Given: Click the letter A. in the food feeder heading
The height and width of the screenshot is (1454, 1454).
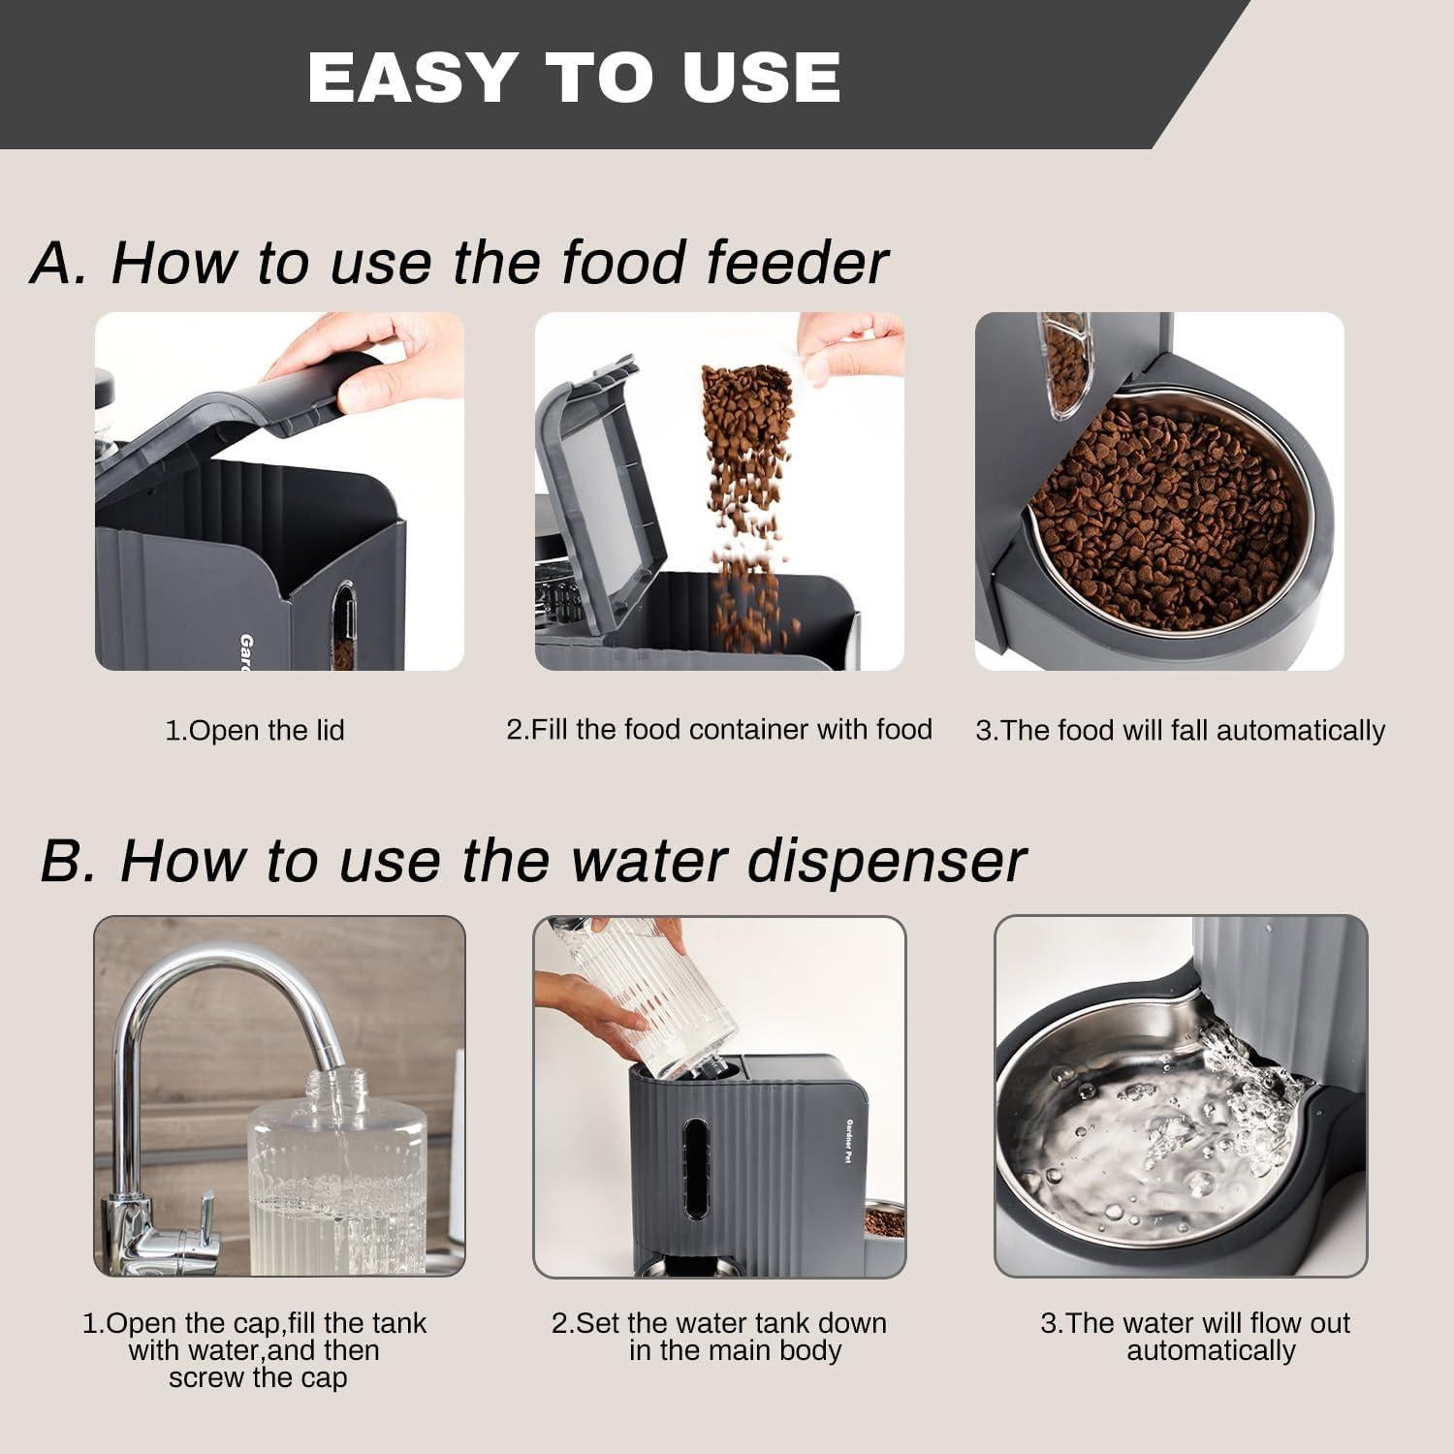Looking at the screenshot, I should (58, 262).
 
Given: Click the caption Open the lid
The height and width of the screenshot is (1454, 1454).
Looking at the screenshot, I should (255, 730).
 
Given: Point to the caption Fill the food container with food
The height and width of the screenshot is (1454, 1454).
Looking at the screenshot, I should (718, 729).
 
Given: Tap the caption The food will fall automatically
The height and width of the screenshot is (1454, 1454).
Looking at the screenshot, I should (1180, 730).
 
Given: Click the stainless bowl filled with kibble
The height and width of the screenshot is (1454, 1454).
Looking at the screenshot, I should (1163, 514).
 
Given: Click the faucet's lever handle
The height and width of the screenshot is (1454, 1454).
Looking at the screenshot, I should (205, 1217).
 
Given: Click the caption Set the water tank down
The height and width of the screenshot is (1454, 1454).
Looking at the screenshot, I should (718, 1337).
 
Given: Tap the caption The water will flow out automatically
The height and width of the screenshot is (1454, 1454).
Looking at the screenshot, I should (1195, 1337).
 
